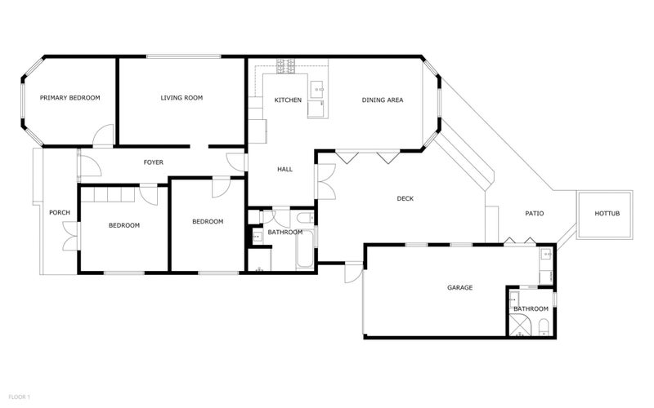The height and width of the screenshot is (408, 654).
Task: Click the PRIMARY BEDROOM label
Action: click(x=70, y=98)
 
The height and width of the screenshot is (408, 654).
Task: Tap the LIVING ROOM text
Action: click(x=181, y=98)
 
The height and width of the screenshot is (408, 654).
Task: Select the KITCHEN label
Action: click(x=288, y=100)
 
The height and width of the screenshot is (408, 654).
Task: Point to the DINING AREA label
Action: click(x=383, y=100)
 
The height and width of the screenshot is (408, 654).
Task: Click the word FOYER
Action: click(x=154, y=162)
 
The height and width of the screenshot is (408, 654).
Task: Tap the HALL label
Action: click(x=284, y=170)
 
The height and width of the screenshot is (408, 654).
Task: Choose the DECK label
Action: click(x=405, y=198)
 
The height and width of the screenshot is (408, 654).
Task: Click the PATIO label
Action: click(x=534, y=214)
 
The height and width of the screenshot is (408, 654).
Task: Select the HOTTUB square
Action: click(x=606, y=214)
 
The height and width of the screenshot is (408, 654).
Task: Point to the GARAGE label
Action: click(x=459, y=287)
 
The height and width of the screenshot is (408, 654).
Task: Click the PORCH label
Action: click(x=60, y=213)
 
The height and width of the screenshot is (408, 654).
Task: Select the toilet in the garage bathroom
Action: click(x=544, y=328)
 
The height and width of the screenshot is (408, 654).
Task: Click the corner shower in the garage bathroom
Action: click(x=518, y=326)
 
